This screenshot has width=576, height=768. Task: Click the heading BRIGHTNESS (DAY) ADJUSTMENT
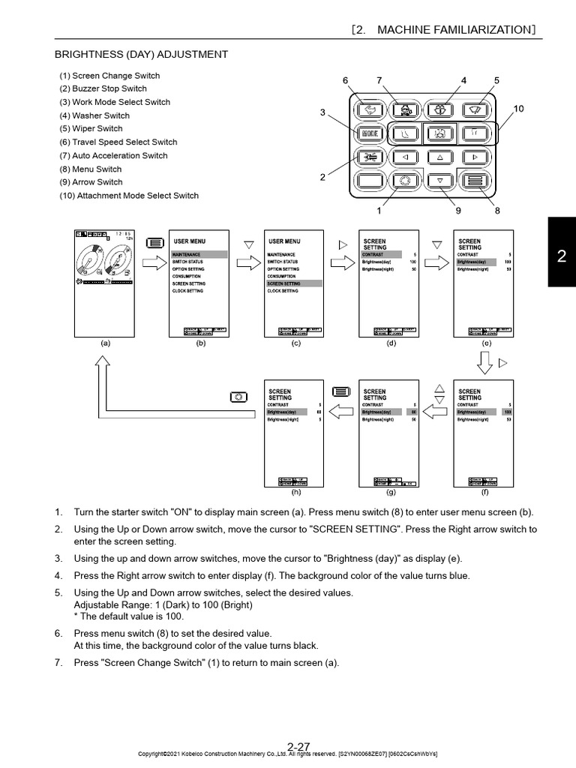pos(142,55)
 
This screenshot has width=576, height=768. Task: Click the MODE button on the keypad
pos(369,134)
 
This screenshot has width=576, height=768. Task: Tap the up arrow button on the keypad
pos(440,157)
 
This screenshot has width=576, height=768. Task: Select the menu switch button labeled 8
pos(474,181)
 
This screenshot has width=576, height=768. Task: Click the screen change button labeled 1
pos(404,181)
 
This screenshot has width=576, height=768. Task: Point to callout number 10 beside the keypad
pos(518,109)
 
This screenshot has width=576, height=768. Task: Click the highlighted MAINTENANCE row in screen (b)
pos(199,255)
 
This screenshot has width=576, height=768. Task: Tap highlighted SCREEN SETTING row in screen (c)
pos(294,284)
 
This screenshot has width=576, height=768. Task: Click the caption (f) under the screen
pos(484,492)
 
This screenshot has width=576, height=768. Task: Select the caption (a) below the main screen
pos(105,343)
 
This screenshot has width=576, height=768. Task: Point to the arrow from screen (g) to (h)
pos(341,410)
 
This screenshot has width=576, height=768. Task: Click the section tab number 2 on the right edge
pos(561,256)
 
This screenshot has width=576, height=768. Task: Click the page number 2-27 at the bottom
pos(298,746)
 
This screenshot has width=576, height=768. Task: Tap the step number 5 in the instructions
pos(58,592)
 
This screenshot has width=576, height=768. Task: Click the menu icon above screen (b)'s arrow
pos(154,242)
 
